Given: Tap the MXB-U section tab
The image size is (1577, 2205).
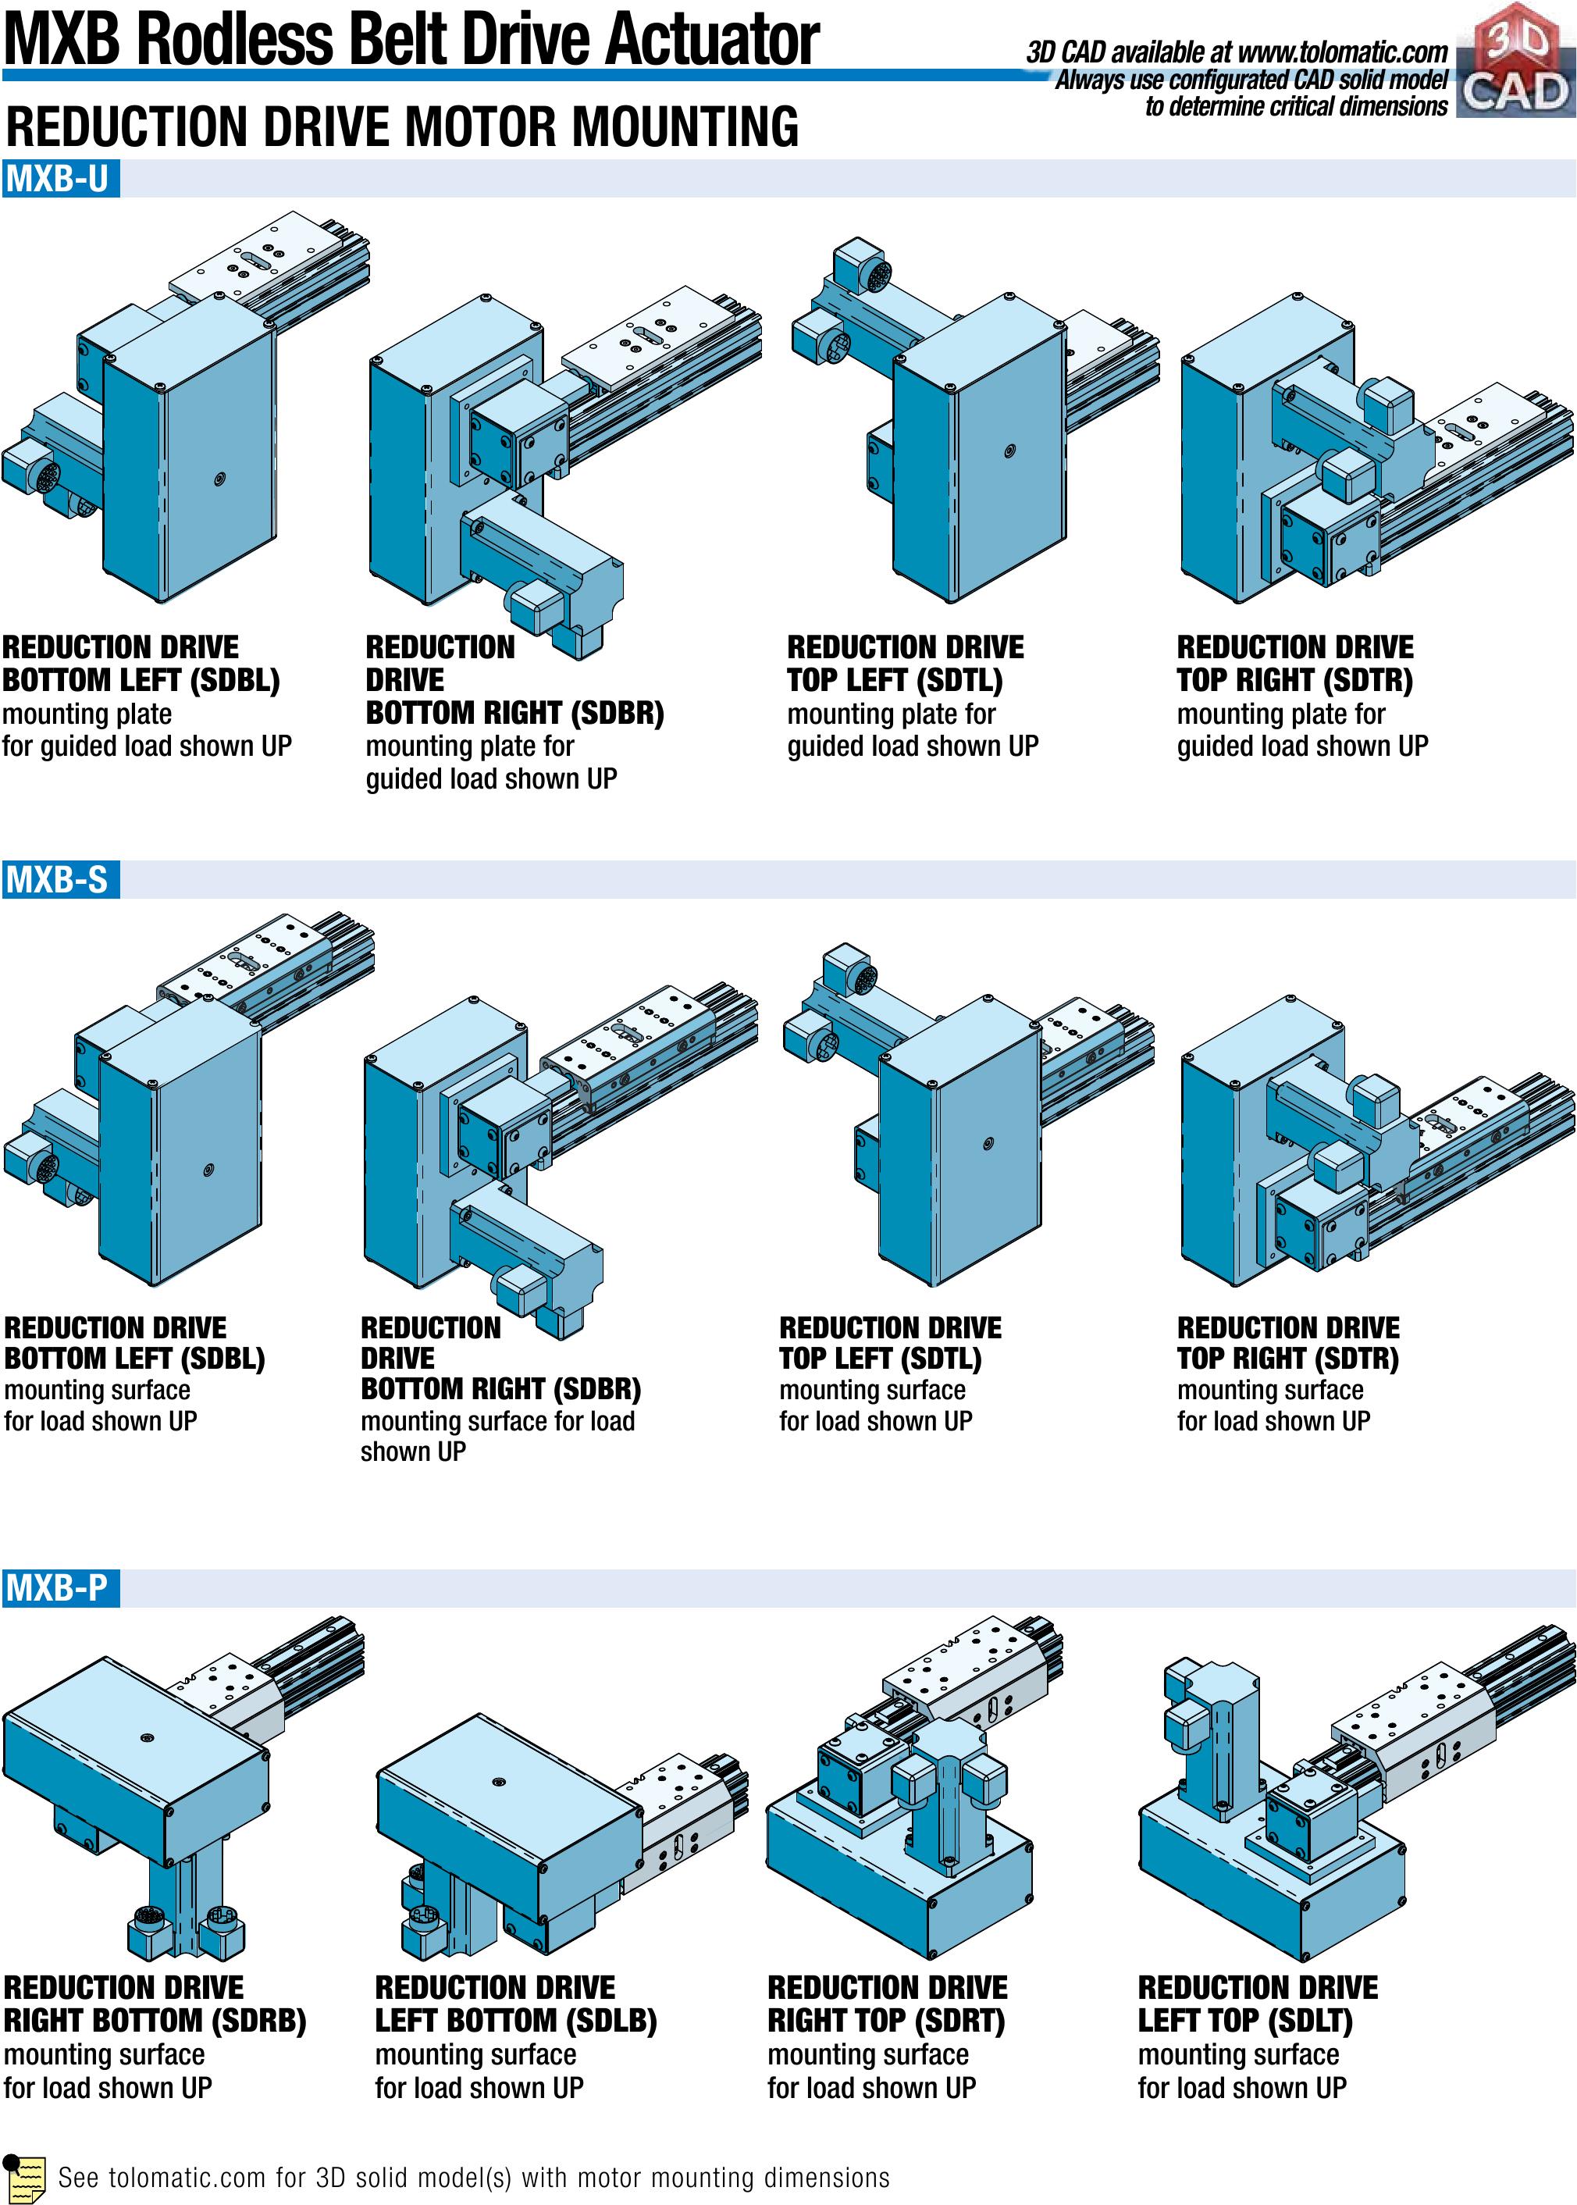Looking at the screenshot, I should (59, 180).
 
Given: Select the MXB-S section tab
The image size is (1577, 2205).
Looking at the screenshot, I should (59, 880).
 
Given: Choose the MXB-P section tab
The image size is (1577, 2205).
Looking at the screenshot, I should (59, 1587).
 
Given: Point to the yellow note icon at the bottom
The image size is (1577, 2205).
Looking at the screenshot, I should (25, 2178).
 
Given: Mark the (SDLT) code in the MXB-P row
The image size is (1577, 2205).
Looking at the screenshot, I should (1303, 2021).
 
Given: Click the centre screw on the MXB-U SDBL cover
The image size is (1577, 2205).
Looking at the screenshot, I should (220, 478).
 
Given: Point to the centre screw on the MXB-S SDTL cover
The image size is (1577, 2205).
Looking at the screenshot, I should (988, 1143).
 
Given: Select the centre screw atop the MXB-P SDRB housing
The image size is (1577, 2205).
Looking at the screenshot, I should (147, 1737).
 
